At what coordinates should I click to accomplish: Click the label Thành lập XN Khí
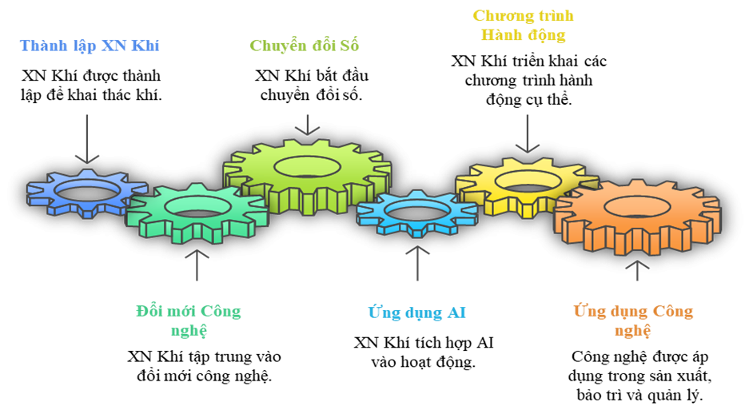pos(90,46)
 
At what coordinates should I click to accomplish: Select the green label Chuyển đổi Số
pos(305,46)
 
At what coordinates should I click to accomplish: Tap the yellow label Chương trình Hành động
pos(524,26)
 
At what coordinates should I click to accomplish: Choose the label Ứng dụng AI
pos(416,312)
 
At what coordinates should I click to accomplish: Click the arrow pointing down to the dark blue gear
pos(86,139)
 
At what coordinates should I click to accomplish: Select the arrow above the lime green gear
pos(307,125)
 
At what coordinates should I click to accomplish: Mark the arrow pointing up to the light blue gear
pos(416,263)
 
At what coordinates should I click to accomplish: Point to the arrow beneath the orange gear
pos(637,270)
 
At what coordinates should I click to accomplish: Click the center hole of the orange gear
pos(637,205)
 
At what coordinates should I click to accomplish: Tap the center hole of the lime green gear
pos(307,165)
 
